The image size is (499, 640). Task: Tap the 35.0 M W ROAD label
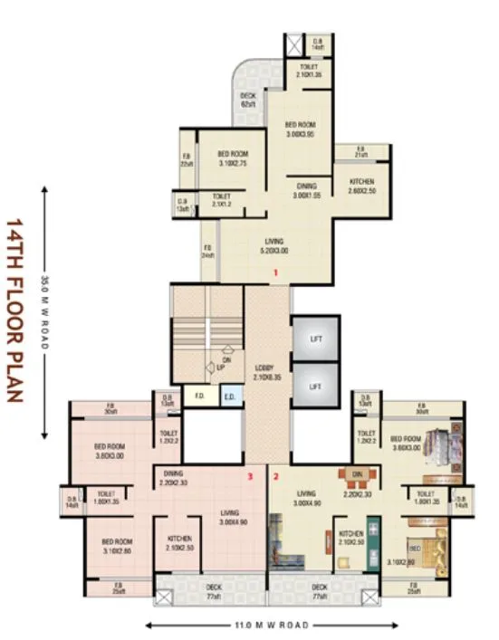(x=43, y=312)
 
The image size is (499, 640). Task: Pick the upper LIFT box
(x=315, y=339)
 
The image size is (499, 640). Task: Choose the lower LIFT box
(x=315, y=386)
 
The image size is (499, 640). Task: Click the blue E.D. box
(x=229, y=396)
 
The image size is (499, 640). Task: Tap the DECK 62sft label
(x=247, y=100)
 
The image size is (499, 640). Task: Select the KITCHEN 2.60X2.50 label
(x=362, y=186)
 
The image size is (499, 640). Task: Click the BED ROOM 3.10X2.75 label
(x=232, y=159)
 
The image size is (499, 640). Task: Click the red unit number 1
(x=274, y=272)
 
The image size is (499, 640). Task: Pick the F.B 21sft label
(x=360, y=152)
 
